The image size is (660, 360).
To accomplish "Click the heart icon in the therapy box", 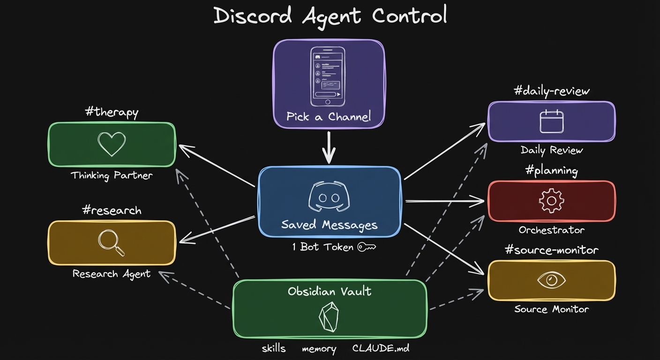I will [x=112, y=144].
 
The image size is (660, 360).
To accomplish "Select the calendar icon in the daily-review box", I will [x=551, y=121].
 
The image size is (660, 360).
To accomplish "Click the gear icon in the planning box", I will [x=551, y=201].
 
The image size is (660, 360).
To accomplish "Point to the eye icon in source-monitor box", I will [x=551, y=280].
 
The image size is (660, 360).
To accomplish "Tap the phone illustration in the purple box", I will [x=328, y=75].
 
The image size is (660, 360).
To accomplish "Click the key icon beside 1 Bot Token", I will [x=367, y=247].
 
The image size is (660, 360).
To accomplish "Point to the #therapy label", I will [x=112, y=112].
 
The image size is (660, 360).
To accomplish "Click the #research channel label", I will [x=112, y=210].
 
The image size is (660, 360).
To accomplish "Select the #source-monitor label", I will [x=551, y=250].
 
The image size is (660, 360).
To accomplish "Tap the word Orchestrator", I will [x=551, y=230].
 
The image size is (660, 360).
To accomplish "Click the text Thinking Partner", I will [x=112, y=176].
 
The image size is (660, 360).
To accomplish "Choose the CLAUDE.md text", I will [x=381, y=349].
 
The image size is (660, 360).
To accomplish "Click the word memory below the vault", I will [x=319, y=349].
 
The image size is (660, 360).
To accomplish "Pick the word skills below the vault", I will [x=273, y=349].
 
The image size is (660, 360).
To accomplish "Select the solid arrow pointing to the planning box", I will [x=444, y=201].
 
